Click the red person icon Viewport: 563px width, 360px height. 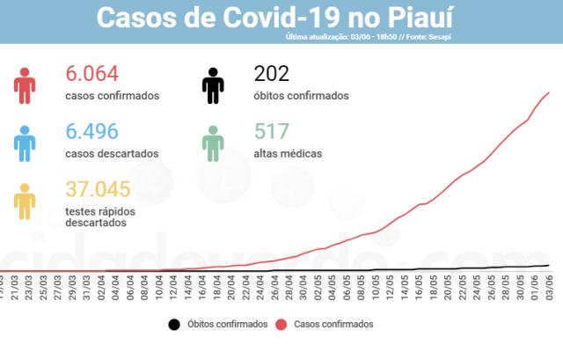25,84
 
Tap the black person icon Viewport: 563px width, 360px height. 213,84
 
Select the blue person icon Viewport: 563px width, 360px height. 25,142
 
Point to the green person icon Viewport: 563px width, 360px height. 213,142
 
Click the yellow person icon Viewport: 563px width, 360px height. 25,201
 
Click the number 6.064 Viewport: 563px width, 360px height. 92,74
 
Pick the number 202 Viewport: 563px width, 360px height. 271,74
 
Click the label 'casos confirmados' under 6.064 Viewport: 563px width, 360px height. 113,96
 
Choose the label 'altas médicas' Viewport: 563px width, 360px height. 288,153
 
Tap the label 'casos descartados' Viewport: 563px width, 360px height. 112,153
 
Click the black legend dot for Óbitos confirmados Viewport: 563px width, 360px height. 173,325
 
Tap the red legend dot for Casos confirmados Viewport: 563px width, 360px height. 280,325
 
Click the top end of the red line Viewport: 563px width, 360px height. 549,92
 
